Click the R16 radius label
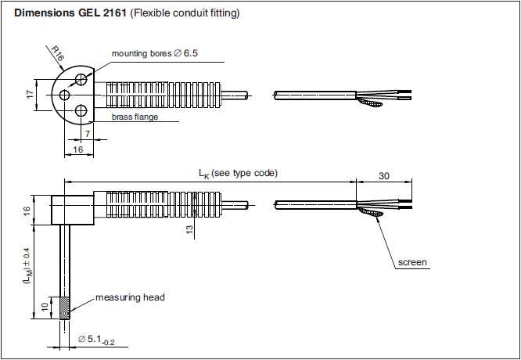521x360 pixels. [x=57, y=55]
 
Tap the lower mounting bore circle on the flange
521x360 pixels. [x=80, y=111]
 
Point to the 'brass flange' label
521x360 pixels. [x=135, y=117]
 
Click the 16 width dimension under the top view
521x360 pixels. [x=77, y=149]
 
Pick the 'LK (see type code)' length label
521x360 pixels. [x=238, y=172]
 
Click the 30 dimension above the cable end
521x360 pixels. [x=383, y=176]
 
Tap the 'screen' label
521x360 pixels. [x=413, y=262]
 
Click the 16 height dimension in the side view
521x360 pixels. [x=26, y=211]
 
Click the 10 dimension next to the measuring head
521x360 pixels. [x=43, y=306]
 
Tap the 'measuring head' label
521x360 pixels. [x=130, y=297]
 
